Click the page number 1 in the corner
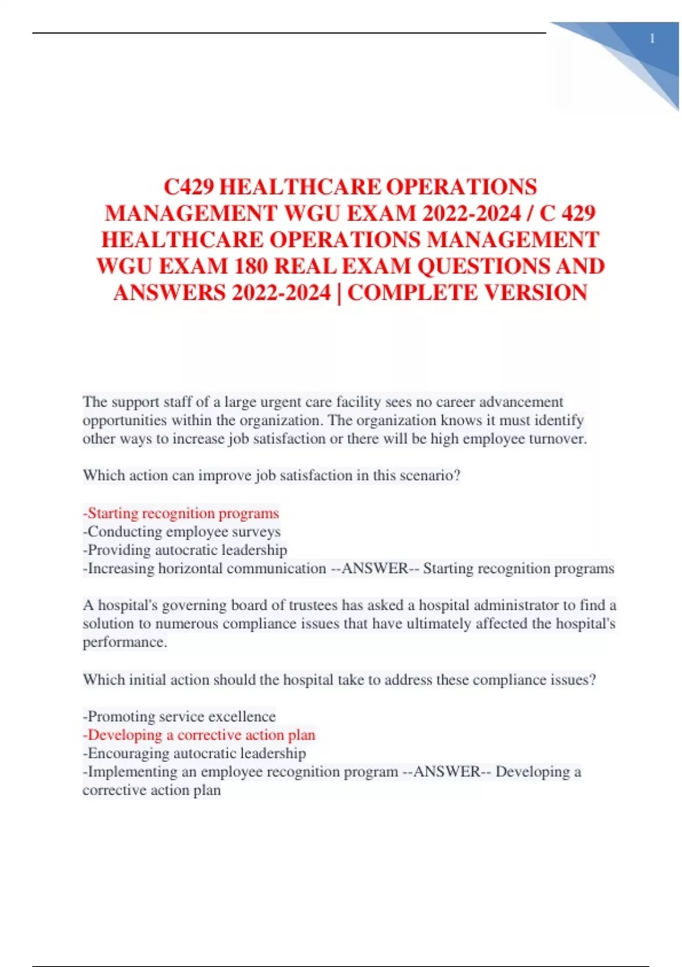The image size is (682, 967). click(x=652, y=39)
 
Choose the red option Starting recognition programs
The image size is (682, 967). click(x=181, y=513)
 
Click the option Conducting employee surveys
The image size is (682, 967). click(x=182, y=532)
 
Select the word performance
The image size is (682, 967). click(x=124, y=642)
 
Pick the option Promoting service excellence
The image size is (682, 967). click(x=180, y=716)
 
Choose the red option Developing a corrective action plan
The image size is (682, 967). click(x=199, y=735)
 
